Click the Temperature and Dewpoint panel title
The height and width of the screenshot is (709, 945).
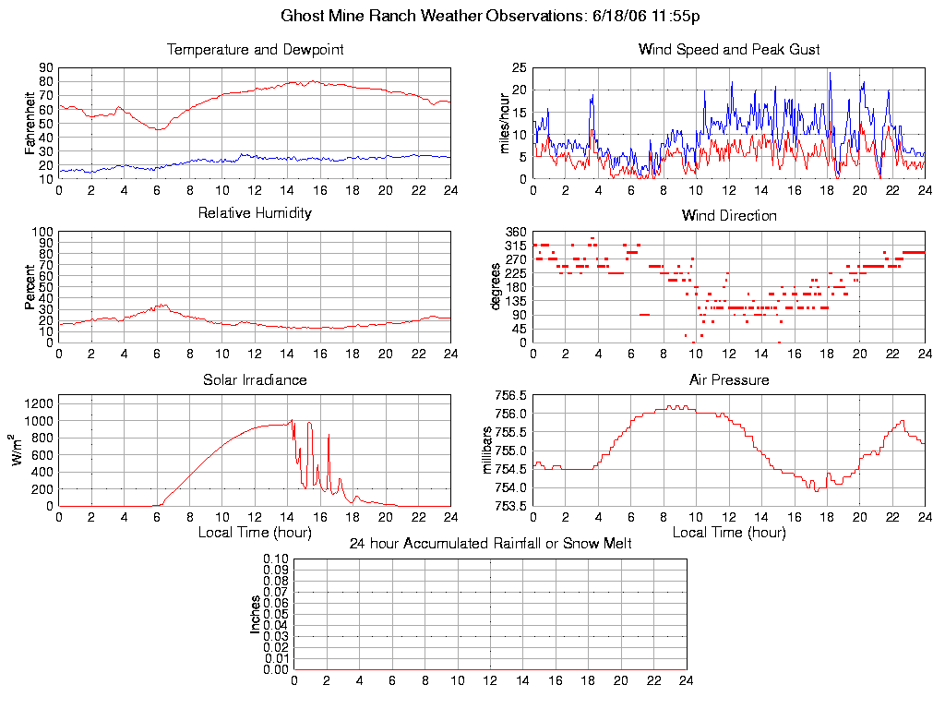pos(255,49)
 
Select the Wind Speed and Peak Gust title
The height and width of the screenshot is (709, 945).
pos(729,49)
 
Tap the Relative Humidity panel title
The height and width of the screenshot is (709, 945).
pos(255,213)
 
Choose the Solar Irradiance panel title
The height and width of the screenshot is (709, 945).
pos(255,379)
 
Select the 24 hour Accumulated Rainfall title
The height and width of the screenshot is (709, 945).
pos(490,544)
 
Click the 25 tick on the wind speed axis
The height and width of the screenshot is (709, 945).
pos(519,68)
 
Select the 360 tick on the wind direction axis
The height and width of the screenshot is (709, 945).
pos(516,232)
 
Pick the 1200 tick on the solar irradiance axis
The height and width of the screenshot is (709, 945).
pos(38,403)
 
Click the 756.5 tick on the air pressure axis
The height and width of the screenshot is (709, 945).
pos(512,395)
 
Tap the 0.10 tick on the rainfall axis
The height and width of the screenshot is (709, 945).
pos(276,559)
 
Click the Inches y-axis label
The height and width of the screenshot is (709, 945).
pos(256,614)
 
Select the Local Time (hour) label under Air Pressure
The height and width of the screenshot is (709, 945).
pos(729,533)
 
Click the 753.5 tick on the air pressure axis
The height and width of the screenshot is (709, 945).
pos(512,506)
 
